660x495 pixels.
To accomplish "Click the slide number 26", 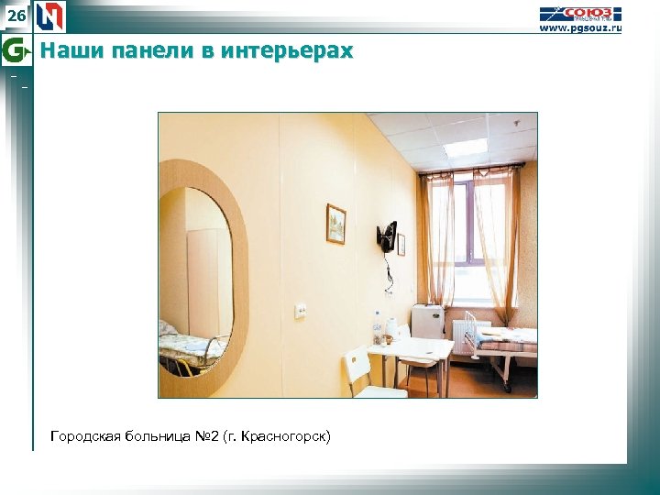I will click(16, 16).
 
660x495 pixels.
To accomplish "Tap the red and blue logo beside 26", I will click(49, 16).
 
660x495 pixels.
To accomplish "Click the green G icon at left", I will click(16, 49).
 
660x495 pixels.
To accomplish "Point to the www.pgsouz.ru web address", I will click(579, 29).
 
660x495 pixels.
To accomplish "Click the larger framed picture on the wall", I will click(335, 224).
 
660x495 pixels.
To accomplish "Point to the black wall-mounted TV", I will click(387, 236).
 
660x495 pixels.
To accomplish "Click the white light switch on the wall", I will click(300, 311).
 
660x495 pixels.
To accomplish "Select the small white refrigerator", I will click(427, 322).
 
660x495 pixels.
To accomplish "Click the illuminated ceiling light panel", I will click(465, 147).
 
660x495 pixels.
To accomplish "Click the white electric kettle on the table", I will click(391, 329).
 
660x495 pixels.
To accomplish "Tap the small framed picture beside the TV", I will click(401, 244).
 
